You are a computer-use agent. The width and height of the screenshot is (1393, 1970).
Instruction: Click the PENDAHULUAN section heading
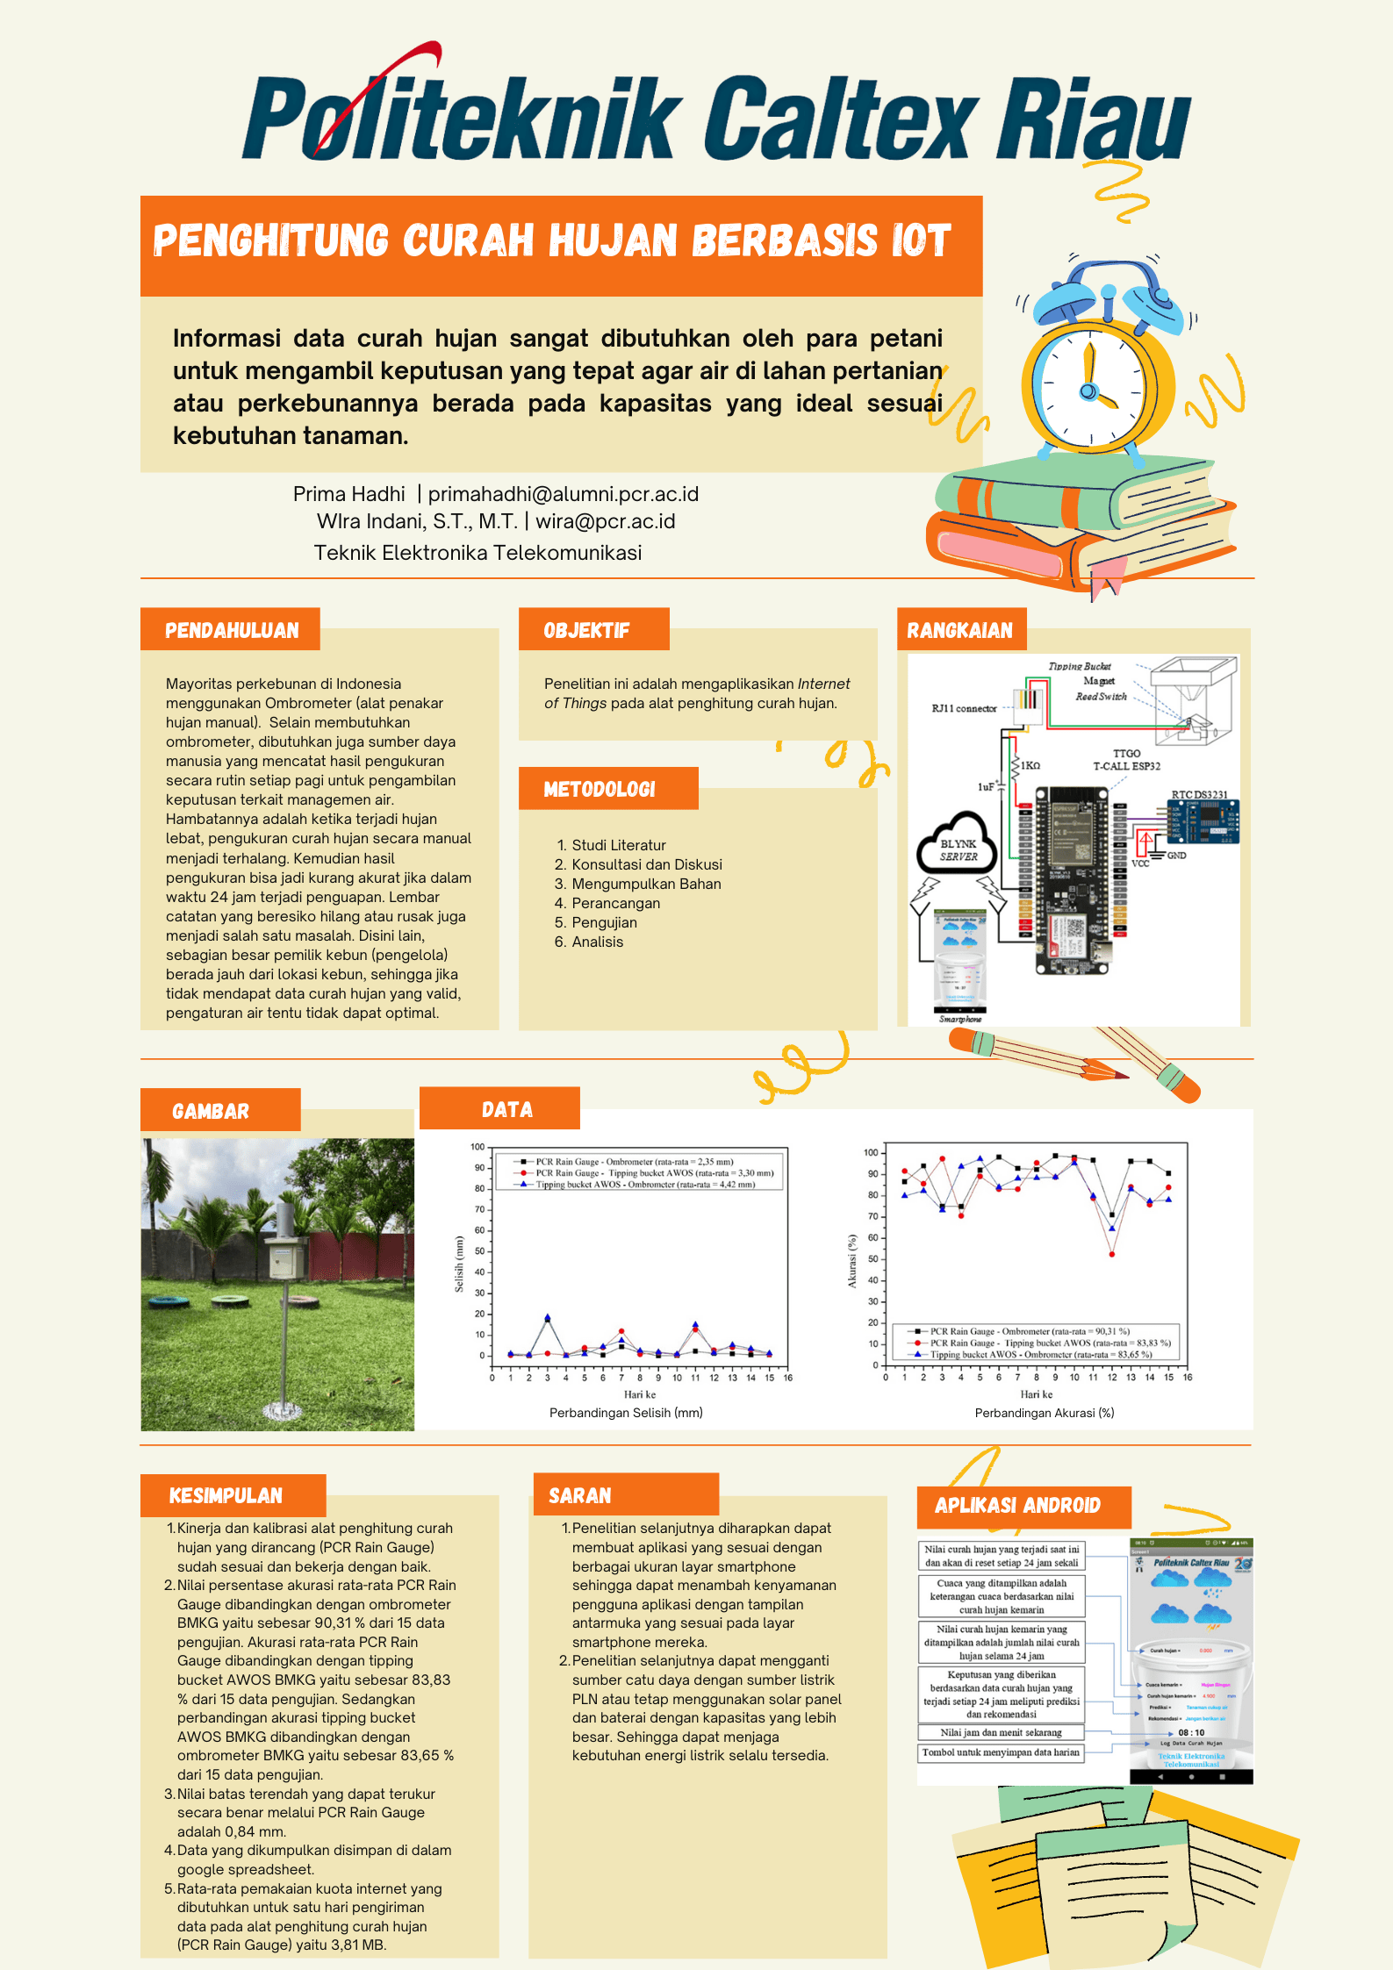click(232, 630)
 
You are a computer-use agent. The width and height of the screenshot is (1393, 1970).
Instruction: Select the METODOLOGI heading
click(600, 789)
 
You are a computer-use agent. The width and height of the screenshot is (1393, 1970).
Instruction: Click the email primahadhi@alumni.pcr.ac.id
click(564, 494)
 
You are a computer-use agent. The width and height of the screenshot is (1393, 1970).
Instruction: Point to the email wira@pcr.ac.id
click(606, 521)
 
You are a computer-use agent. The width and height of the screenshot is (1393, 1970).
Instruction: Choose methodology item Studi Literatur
click(619, 845)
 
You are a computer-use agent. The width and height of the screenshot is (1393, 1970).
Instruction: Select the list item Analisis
click(598, 942)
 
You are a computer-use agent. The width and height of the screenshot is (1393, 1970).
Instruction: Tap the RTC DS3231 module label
click(1199, 795)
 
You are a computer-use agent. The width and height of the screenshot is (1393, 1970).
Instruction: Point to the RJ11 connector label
click(965, 708)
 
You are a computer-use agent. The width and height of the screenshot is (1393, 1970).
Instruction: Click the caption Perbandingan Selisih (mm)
click(626, 1413)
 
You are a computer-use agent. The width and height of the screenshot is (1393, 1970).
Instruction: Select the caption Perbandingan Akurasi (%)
click(1045, 1413)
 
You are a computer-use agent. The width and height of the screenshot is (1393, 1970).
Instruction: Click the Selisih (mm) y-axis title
click(459, 1264)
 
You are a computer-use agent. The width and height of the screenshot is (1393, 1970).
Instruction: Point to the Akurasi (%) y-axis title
click(851, 1261)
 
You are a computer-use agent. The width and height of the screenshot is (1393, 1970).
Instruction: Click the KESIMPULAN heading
click(226, 1496)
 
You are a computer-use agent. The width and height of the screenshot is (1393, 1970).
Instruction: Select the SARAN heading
click(580, 1496)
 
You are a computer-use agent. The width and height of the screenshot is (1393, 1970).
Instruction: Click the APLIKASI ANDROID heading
click(1017, 1506)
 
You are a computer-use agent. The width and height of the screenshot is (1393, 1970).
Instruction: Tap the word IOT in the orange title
click(921, 241)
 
